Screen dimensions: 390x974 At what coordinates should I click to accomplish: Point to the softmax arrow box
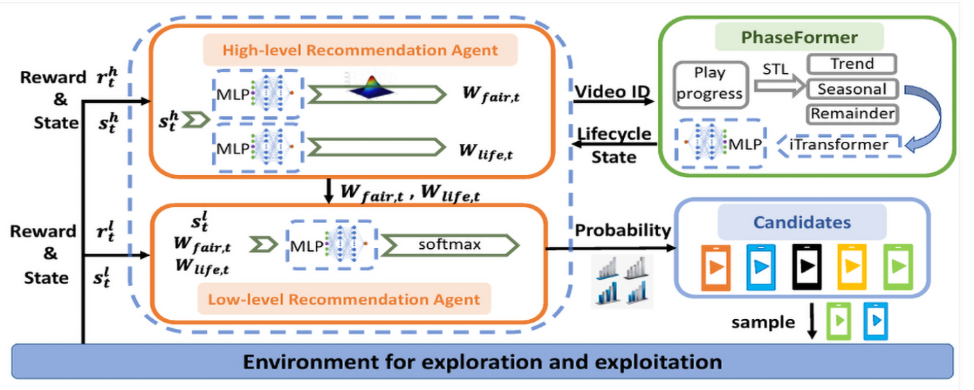click(448, 245)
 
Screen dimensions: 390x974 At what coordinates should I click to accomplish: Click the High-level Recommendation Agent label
click(360, 50)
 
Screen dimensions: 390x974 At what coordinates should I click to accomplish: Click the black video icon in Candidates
click(808, 266)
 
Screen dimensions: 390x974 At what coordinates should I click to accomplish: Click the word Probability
click(623, 230)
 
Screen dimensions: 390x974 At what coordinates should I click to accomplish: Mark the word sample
click(763, 322)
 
